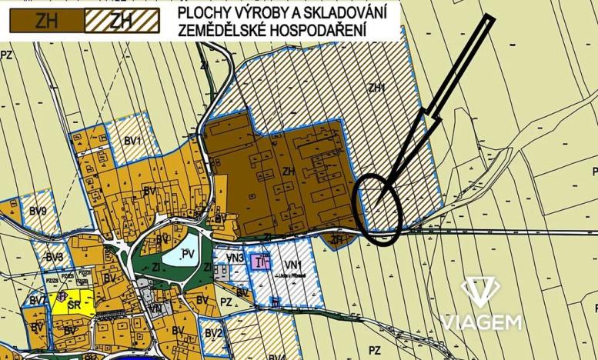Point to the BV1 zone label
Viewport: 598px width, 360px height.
pos(133,142)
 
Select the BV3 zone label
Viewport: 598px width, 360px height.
pos(54,257)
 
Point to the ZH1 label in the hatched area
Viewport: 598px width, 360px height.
pos(376,88)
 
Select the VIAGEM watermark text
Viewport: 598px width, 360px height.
pos(480,322)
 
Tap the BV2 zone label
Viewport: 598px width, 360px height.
pos(214,332)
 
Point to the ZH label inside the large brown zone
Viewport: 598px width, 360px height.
pos(290,172)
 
